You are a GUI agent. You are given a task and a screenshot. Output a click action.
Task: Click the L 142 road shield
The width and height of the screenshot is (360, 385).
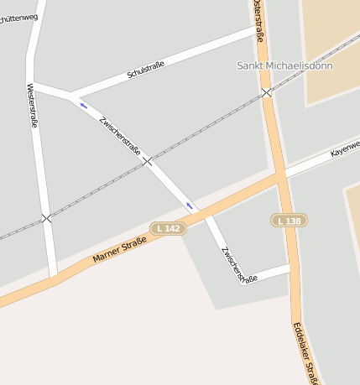(168, 228)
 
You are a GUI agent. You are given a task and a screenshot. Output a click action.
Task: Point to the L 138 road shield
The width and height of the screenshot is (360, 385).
(289, 220)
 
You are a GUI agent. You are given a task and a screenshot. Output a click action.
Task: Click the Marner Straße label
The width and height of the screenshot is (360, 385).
(119, 250)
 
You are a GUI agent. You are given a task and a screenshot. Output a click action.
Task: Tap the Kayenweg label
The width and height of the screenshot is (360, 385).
(345, 149)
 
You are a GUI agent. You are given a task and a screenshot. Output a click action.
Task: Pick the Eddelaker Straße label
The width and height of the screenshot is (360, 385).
(306, 354)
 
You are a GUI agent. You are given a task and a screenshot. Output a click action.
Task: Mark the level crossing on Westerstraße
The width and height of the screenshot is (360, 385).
(46, 218)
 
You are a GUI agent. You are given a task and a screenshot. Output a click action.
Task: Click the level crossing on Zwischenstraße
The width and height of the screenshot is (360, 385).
(148, 160)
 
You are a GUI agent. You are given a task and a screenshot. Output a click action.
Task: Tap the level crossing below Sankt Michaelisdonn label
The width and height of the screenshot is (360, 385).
(266, 92)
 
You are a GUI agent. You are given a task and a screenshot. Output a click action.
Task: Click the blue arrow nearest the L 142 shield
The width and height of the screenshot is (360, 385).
(190, 206)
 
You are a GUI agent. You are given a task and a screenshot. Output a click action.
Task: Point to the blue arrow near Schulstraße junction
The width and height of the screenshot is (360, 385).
(82, 106)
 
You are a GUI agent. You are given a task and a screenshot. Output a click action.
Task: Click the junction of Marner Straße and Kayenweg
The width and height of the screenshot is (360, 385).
(280, 176)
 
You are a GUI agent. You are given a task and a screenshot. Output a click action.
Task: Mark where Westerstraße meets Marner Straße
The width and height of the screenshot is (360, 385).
(53, 278)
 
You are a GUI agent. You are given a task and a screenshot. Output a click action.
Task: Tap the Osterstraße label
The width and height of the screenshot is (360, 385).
(258, 20)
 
